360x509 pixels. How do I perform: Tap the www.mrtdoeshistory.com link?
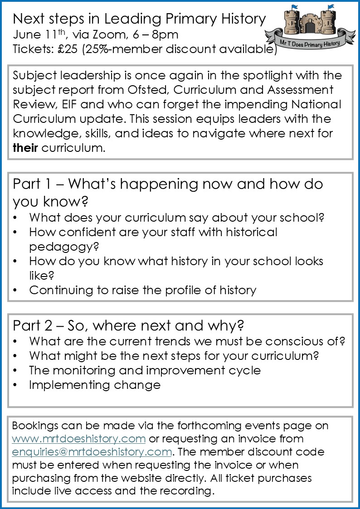pos(79,439)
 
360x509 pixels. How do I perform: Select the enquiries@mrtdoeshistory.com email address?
pos(92,452)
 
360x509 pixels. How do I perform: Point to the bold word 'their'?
pos(25,148)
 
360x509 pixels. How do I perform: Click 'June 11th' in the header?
pos(36,34)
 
